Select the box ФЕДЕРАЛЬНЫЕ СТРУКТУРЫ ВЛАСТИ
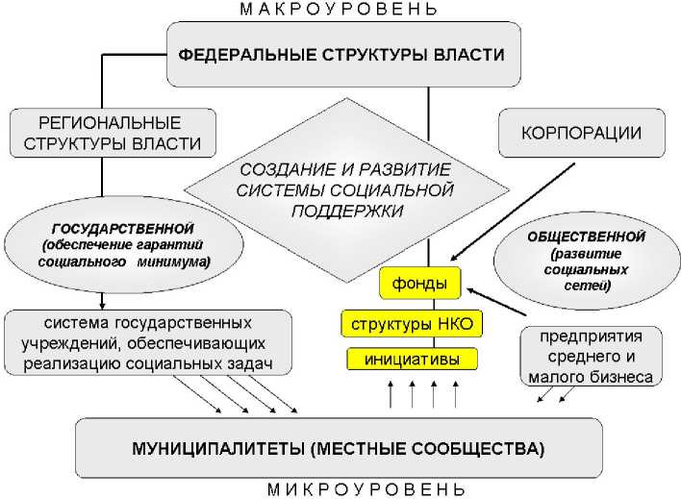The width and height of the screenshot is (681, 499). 343,54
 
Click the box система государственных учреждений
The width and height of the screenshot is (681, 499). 146,342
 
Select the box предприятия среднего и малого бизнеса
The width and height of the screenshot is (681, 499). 592,357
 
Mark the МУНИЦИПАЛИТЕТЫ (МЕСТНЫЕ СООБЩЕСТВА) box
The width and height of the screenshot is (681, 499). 340,448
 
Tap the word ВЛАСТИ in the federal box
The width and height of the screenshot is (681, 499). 469,54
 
